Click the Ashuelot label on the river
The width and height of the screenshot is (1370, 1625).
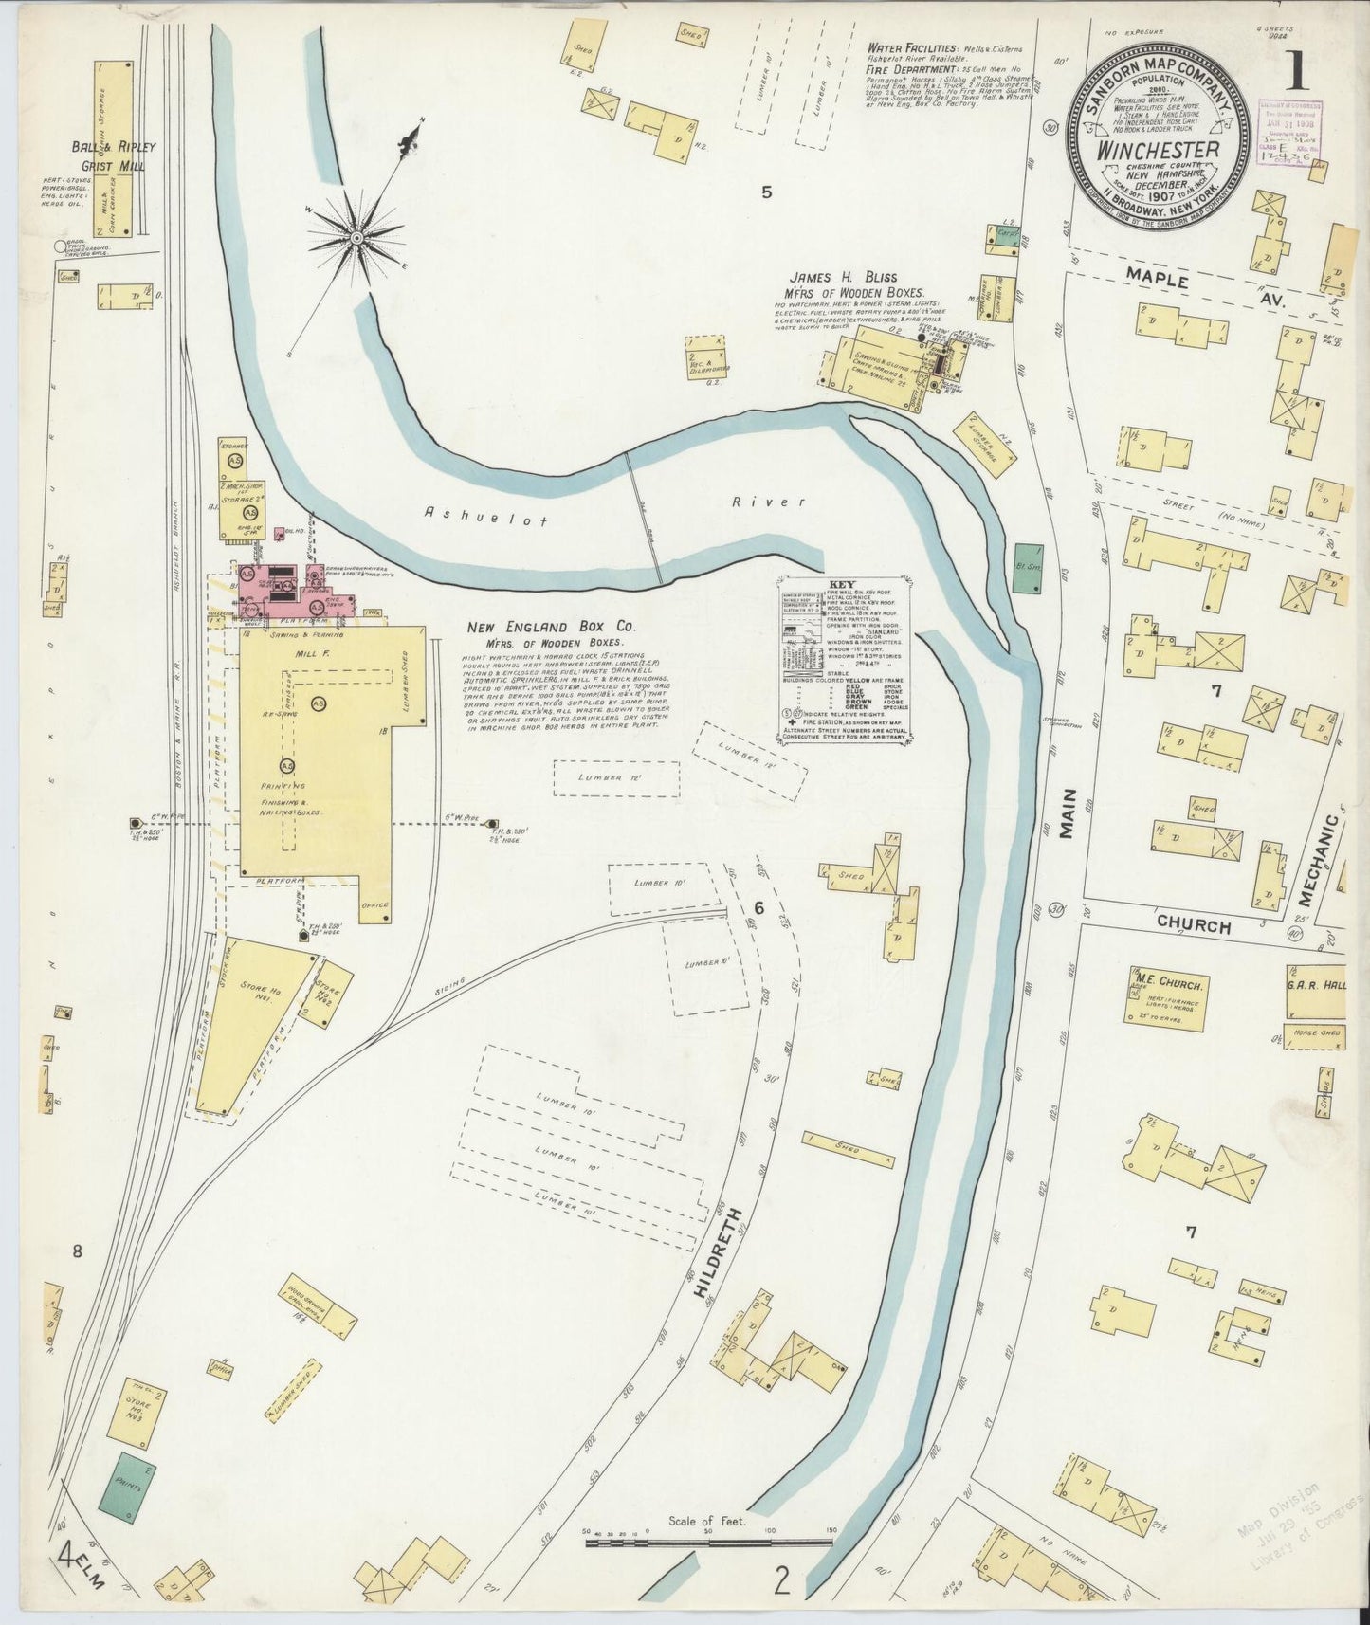coord(456,512)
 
